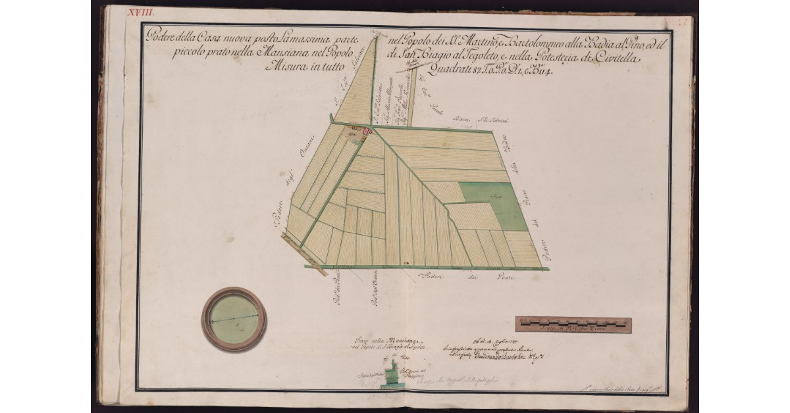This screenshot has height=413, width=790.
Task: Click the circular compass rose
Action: tap(234, 319)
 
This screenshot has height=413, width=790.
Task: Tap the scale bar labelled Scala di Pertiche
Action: tap(572, 324)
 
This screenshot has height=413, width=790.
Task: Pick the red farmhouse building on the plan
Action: tap(367, 133)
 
